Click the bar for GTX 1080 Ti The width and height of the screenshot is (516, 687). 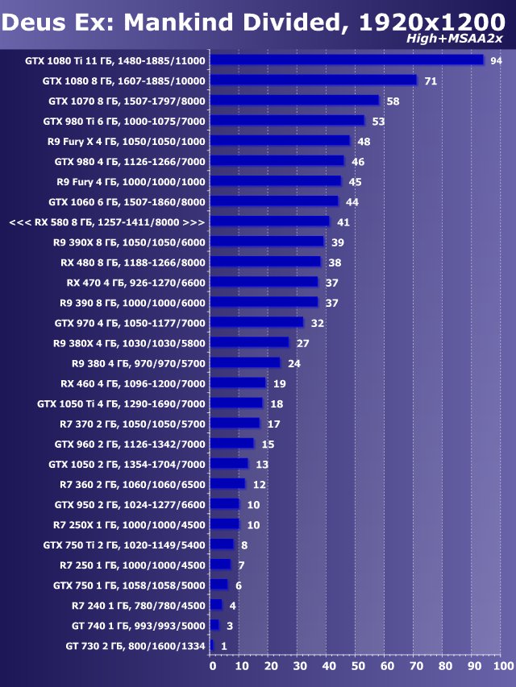pyautogui.click(x=347, y=60)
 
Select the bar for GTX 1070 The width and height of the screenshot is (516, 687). pyautogui.click(x=294, y=101)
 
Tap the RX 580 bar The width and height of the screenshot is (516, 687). pyautogui.click(x=270, y=221)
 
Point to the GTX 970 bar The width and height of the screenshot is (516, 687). pyautogui.click(x=256, y=322)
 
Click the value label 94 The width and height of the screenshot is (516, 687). pyautogui.click(x=496, y=61)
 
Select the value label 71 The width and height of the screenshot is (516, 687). pyautogui.click(x=431, y=81)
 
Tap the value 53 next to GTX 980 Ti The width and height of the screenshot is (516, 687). pyautogui.click(x=378, y=122)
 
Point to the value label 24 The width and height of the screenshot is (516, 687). pyautogui.click(x=294, y=363)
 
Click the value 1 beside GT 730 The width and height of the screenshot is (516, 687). pyautogui.click(x=223, y=646)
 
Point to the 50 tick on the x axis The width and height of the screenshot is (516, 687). pyautogui.click(x=357, y=666)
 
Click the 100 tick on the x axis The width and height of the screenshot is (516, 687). pyautogui.click(x=501, y=666)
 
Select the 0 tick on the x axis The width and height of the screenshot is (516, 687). pyautogui.click(x=212, y=666)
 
